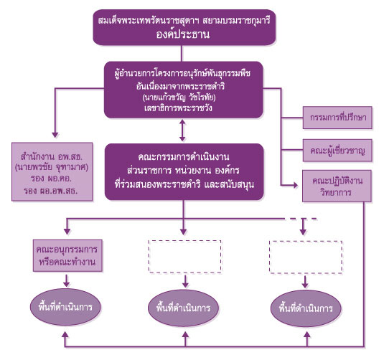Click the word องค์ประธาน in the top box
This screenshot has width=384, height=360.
click(183, 34)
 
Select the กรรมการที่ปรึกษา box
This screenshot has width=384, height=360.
click(337, 118)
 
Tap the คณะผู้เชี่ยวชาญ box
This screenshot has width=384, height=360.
click(337, 151)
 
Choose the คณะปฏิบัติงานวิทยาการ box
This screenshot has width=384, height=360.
click(337, 186)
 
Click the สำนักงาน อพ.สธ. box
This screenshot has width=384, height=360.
click(52, 172)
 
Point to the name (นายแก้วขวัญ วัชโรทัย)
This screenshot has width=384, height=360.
click(179, 98)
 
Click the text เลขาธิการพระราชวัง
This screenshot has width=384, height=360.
click(178, 108)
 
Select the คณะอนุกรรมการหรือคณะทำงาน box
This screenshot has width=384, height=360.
click(67, 255)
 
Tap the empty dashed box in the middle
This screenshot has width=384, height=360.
click(185, 257)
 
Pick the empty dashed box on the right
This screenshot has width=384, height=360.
click(306, 257)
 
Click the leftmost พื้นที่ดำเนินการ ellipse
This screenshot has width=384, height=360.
click(65, 307)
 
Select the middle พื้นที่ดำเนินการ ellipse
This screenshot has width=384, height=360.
click(183, 308)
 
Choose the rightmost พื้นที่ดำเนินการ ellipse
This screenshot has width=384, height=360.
click(306, 308)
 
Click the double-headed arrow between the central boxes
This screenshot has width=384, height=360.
click(182, 131)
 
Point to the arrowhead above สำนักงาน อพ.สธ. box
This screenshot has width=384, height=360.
click(55, 135)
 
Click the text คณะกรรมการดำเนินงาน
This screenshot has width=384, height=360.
click(184, 157)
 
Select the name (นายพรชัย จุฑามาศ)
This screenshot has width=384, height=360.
click(52, 168)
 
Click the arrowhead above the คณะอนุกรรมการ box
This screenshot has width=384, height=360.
click(67, 232)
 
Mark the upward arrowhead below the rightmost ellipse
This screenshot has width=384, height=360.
click(307, 335)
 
